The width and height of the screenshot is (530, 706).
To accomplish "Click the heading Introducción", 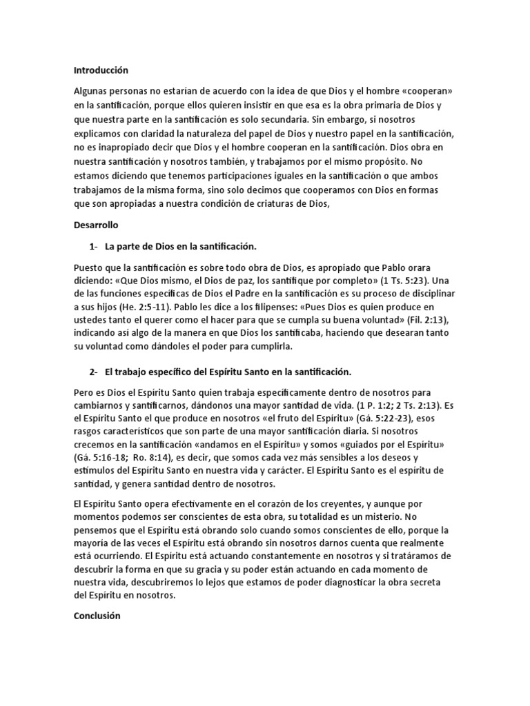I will point(101,70).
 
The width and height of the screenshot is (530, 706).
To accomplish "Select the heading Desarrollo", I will point(96,225).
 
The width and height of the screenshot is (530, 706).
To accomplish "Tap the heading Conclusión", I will point(97,597).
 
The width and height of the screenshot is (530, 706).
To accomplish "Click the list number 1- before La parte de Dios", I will point(95,246).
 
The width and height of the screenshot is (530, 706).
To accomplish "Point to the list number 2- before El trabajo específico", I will point(95,372).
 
